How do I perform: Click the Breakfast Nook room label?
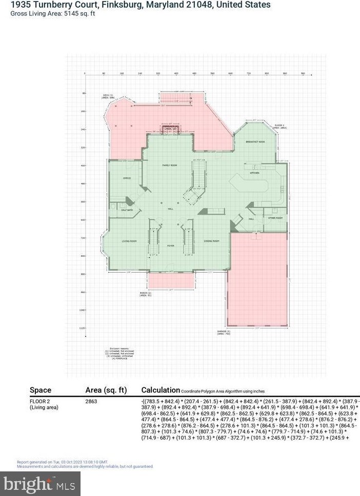pyautogui.click(x=255, y=141)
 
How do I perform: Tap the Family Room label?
pyautogui.click(x=170, y=166)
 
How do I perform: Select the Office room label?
pyautogui.click(x=127, y=178)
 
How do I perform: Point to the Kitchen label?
pyautogui.click(x=255, y=173)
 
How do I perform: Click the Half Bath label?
pyautogui.click(x=127, y=210)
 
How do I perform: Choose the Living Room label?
pyautogui.click(x=129, y=241)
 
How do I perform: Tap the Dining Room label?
pyautogui.click(x=212, y=241)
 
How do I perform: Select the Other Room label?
pyautogui.click(x=276, y=218)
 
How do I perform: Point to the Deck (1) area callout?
pyautogui.click(x=108, y=96)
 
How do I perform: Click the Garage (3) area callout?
pyautogui.click(x=223, y=333)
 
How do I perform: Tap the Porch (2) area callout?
pyautogui.click(x=146, y=294)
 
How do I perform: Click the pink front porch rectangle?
pyautogui.click(x=171, y=280)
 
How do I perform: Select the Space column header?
pyautogui.click(x=41, y=390)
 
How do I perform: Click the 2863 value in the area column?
pyautogui.click(x=91, y=402)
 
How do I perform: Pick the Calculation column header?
pyautogui.click(x=161, y=390)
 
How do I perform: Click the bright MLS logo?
pyautogui.click(x=41, y=484)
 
